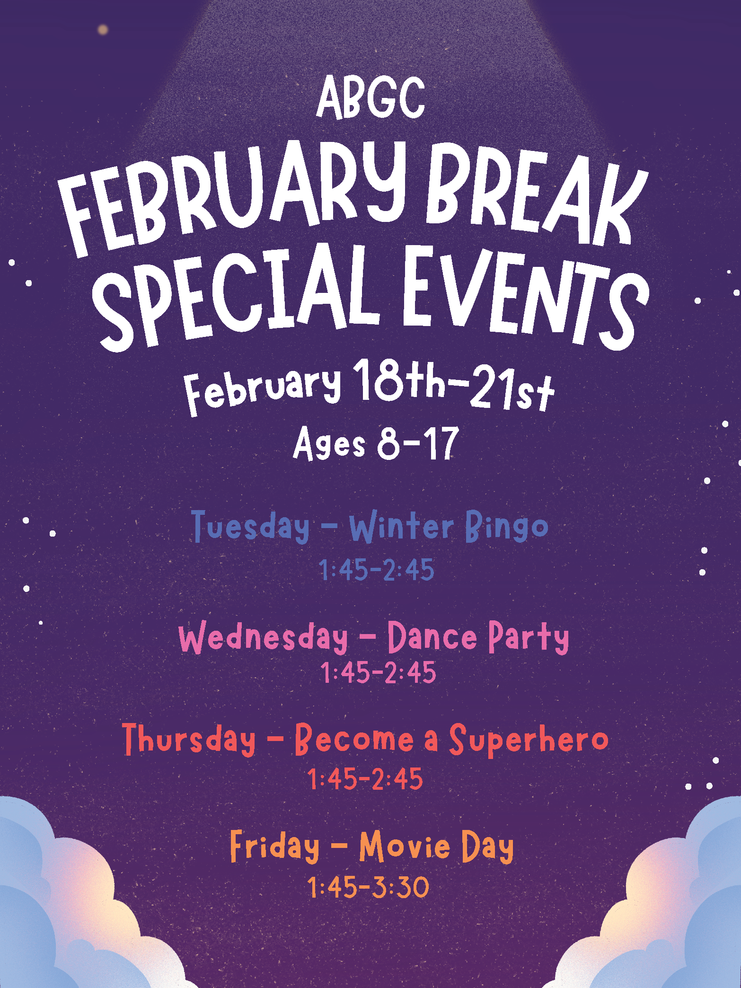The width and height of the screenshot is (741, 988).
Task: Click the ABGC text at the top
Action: click(x=371, y=98)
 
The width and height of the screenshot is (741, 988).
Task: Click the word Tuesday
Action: click(x=251, y=527)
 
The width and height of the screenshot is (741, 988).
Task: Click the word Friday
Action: click(x=274, y=847)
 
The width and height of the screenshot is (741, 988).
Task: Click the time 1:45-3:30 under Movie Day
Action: click(x=369, y=887)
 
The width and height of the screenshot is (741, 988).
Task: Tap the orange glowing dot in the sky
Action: click(x=103, y=30)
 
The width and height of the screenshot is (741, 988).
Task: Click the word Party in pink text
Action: click(x=529, y=638)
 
